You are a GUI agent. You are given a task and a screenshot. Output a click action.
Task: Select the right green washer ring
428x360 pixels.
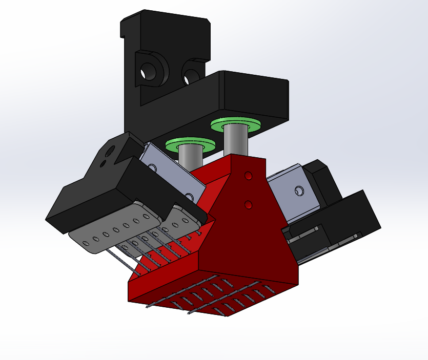click(235, 124)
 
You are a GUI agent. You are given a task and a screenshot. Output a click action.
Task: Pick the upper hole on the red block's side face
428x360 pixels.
click(249, 176)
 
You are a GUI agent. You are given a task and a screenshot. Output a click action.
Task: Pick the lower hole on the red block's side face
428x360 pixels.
click(249, 205)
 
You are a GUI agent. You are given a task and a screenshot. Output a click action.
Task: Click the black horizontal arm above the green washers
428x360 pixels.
click(251, 95)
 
